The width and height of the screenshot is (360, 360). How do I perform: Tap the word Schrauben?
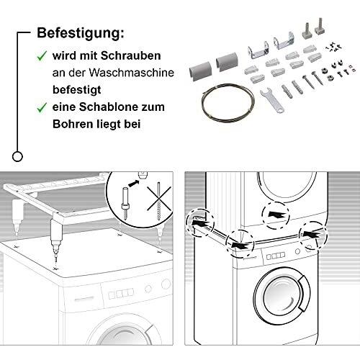pos(130,55)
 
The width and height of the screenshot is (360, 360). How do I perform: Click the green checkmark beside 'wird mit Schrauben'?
pos(42,56)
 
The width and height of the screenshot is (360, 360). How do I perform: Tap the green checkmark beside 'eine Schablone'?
pos(42,107)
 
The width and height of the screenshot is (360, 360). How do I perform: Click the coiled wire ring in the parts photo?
pos(228,102)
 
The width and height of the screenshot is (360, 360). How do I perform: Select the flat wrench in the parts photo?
pos(272,101)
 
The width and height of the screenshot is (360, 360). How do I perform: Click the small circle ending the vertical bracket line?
pos(17,157)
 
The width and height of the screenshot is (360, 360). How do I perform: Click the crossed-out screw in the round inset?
pos(158,199)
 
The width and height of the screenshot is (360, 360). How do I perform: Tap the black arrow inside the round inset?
pos(134,184)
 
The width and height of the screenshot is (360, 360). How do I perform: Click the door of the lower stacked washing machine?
pos(282,295)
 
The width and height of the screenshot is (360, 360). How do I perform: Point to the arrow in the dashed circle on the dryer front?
pos(276,215)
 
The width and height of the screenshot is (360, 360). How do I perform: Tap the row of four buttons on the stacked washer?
pos(276,256)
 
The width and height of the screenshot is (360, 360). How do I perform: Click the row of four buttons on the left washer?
pos(121,294)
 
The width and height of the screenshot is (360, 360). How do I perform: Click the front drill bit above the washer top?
pos(56,243)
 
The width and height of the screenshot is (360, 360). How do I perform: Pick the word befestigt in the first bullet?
pos(77,90)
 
